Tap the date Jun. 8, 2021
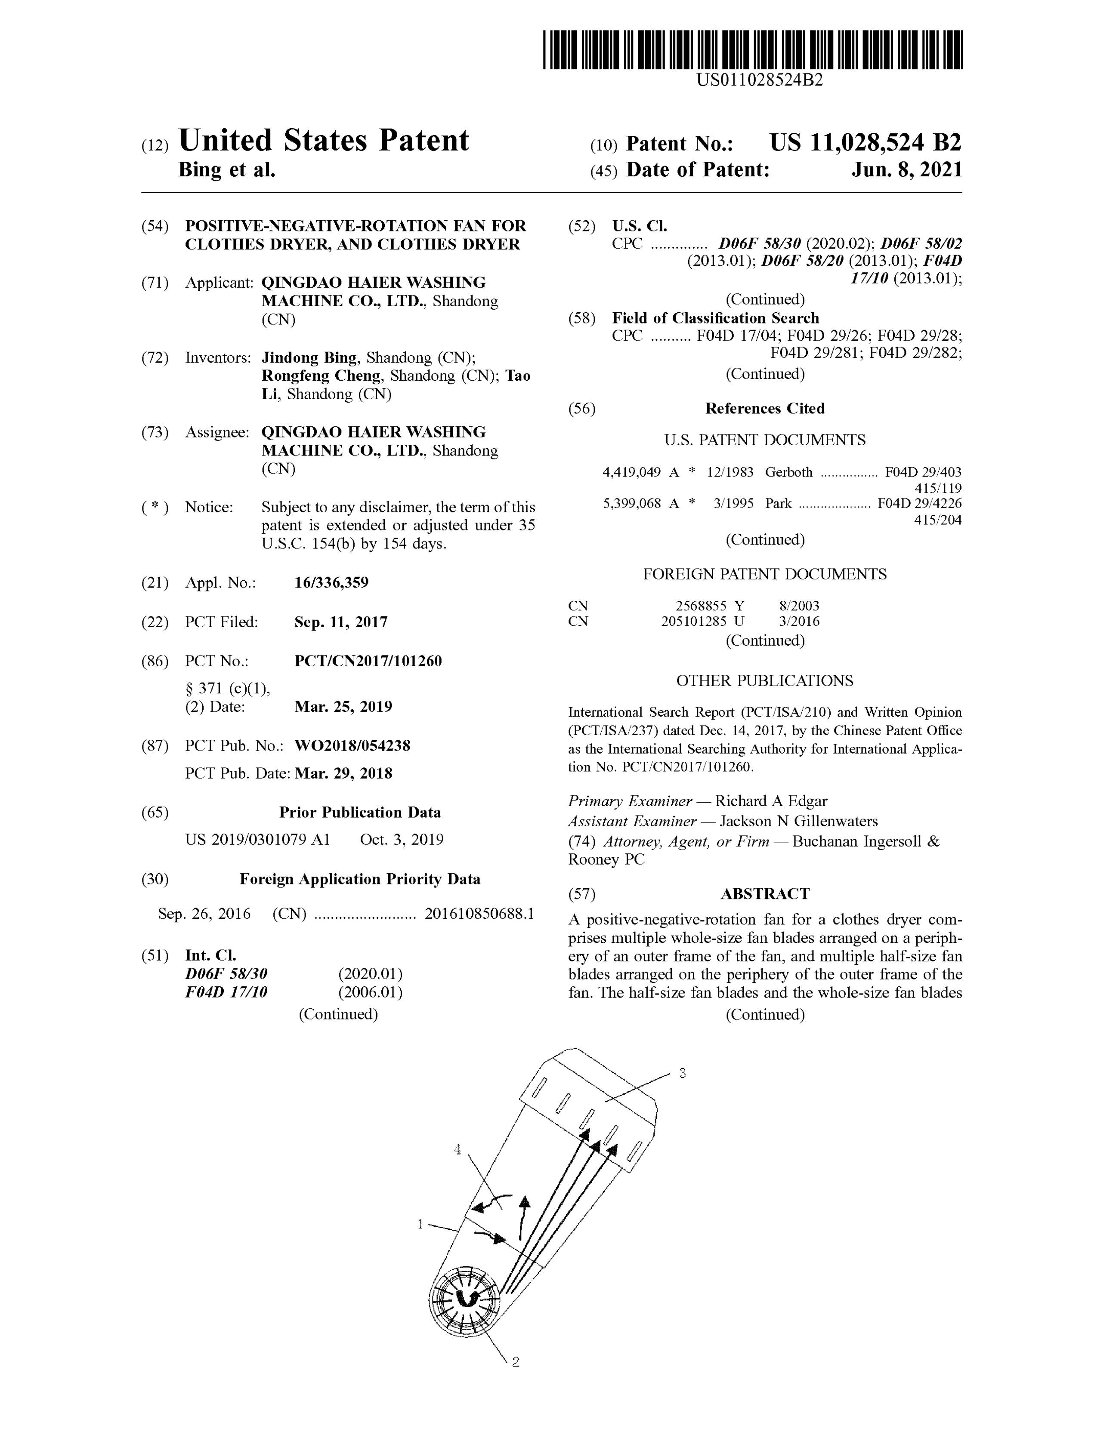click(x=906, y=170)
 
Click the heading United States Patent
click(x=324, y=141)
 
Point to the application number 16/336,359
click(x=331, y=583)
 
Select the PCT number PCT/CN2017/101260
click(x=368, y=661)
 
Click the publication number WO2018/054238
click(x=352, y=746)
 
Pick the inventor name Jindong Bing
click(x=309, y=358)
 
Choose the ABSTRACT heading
click(x=765, y=894)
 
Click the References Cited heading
click(x=765, y=409)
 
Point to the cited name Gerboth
click(x=788, y=472)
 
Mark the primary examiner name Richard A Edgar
click(x=771, y=801)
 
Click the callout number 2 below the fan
click(x=516, y=1362)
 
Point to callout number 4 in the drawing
click(x=457, y=1150)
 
